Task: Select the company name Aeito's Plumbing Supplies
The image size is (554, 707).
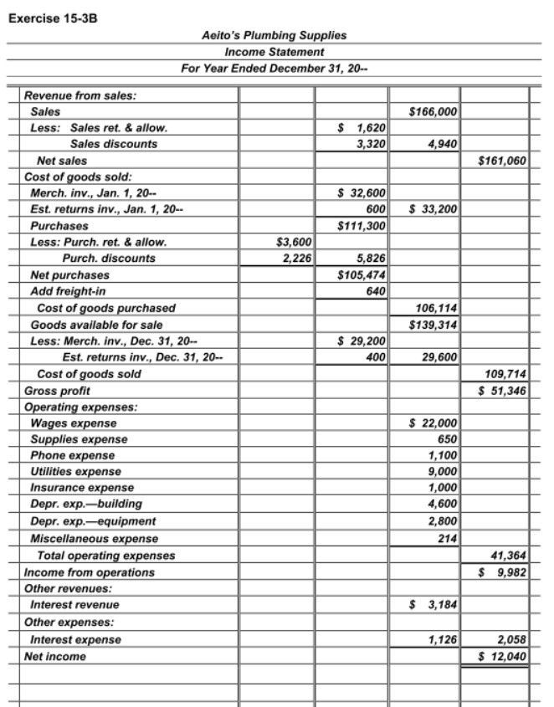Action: [274, 36]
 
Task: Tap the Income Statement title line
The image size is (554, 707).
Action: [274, 52]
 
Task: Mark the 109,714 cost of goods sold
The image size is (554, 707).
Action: [506, 373]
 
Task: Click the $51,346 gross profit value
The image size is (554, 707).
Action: [502, 389]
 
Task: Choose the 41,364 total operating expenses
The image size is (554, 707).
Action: [508, 554]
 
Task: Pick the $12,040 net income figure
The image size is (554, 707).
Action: [502, 656]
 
